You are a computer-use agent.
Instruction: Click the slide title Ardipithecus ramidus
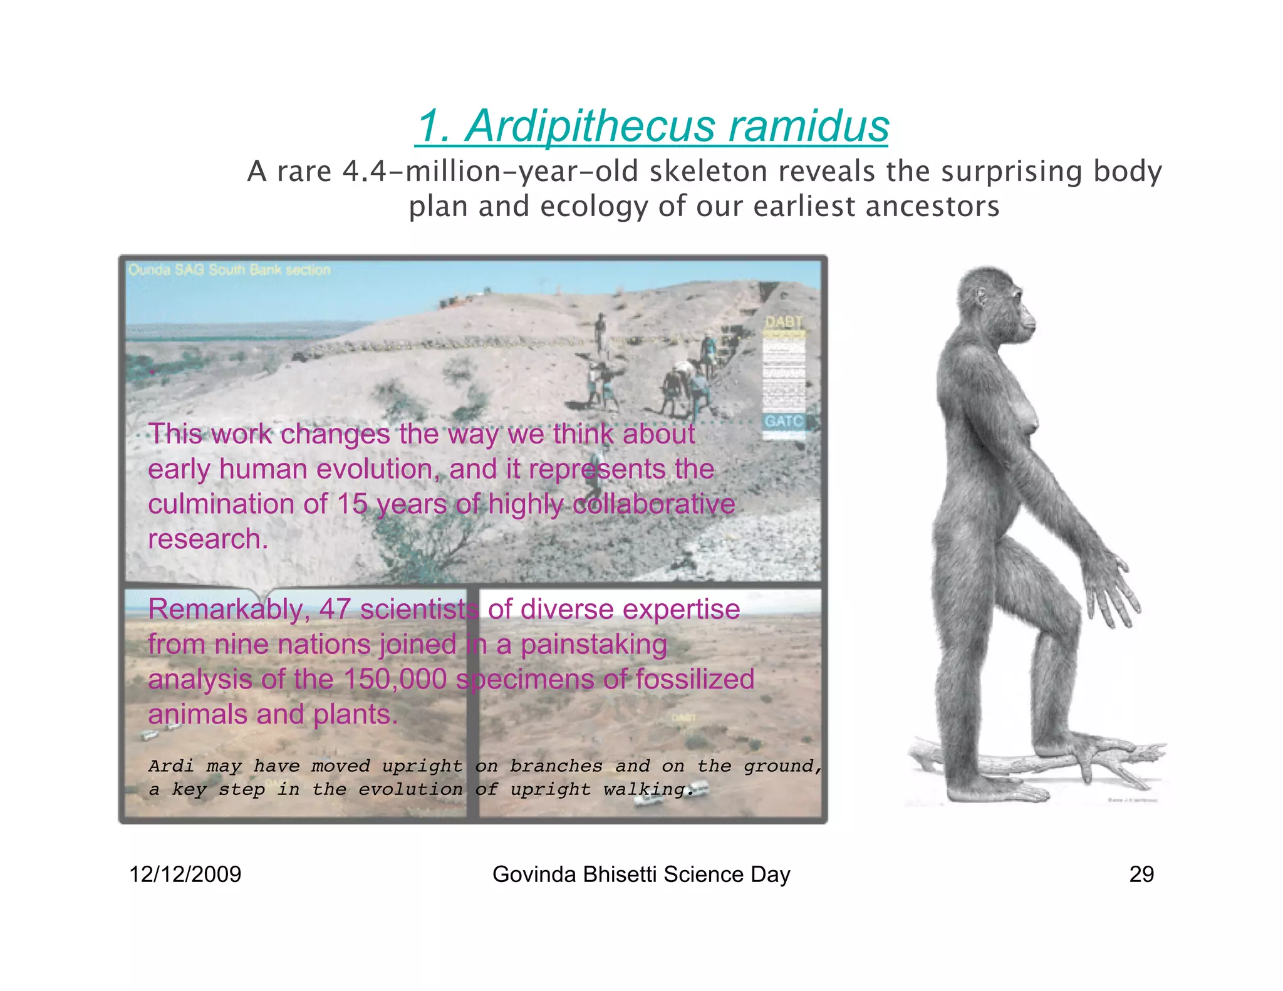point(652,127)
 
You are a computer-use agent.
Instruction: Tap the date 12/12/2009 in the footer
point(185,874)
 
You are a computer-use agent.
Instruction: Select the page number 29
point(1141,874)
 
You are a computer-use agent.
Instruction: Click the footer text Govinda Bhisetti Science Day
point(641,874)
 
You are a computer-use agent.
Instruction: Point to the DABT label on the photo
point(783,322)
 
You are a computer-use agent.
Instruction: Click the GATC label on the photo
point(782,421)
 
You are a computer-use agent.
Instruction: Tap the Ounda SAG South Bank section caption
point(229,270)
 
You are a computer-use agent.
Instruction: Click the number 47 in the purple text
point(334,610)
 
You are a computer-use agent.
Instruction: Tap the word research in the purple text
point(208,539)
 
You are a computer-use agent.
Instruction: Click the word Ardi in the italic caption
point(171,766)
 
